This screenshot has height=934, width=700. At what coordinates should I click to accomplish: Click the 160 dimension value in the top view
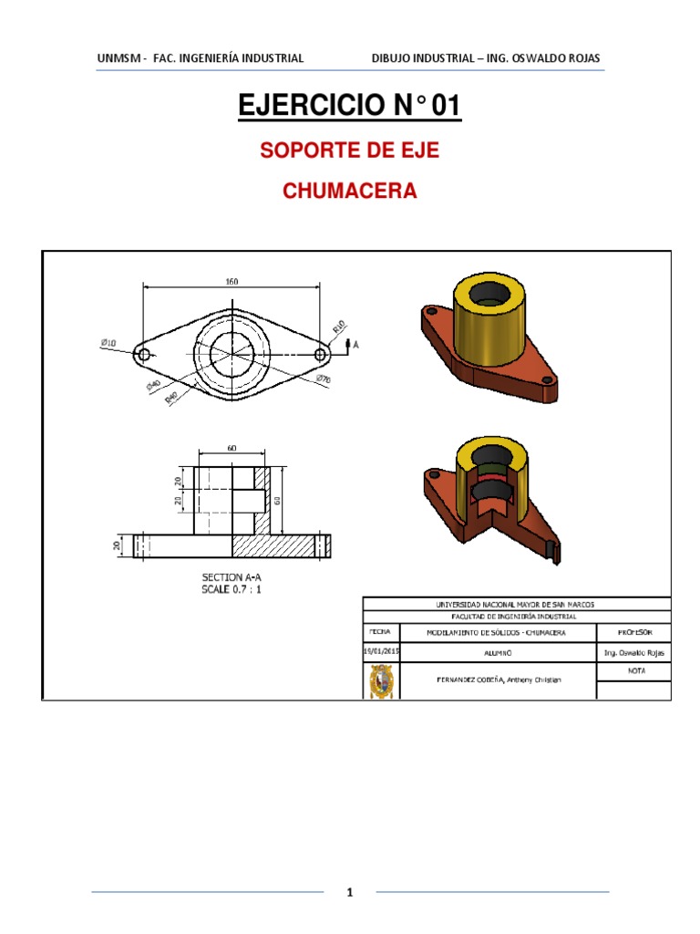[x=232, y=282]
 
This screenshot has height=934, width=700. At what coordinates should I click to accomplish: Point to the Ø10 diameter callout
[x=108, y=343]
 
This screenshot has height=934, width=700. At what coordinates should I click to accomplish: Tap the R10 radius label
[x=338, y=325]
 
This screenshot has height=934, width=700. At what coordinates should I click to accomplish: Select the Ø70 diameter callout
[x=323, y=379]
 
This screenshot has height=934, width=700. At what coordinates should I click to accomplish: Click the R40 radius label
[x=171, y=398]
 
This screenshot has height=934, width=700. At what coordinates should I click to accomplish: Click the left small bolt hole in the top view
[x=143, y=354]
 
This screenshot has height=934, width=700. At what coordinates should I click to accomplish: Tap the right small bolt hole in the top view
[x=320, y=354]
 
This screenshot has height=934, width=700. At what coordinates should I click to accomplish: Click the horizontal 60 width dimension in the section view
[x=232, y=449]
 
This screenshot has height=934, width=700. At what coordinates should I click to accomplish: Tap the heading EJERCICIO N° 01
[x=350, y=107]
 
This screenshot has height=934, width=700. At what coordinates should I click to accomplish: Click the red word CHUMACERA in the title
[x=350, y=192]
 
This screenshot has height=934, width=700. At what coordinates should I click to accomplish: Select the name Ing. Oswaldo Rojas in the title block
[x=633, y=653]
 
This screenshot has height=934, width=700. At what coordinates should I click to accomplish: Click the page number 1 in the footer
[x=350, y=893]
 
